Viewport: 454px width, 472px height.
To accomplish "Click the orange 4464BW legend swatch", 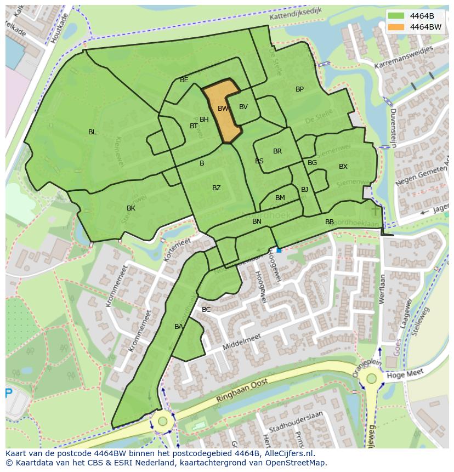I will (x=398, y=27).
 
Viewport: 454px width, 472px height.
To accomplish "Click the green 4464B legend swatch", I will (x=398, y=15).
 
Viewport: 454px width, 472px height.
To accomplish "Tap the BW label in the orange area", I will (x=223, y=109).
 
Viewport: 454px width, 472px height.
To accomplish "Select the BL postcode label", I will (x=92, y=132).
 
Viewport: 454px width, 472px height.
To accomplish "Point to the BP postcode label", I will (x=299, y=89).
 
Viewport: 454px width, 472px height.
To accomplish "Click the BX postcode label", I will (x=343, y=167).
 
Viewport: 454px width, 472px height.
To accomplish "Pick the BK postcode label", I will (x=131, y=208).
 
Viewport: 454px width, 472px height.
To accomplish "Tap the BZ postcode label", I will (x=217, y=188).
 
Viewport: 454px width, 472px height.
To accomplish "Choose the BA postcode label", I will (x=179, y=327).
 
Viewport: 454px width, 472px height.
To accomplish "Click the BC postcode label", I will (x=206, y=310).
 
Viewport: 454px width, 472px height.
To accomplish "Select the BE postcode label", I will (x=184, y=80).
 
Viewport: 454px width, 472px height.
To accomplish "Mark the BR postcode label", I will (x=277, y=151).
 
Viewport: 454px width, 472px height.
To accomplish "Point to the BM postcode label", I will (x=280, y=198).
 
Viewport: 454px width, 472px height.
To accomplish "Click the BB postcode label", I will (x=330, y=222).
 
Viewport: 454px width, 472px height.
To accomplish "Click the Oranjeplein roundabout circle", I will (x=372, y=378).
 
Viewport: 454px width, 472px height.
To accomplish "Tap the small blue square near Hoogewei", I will (x=279, y=250).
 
